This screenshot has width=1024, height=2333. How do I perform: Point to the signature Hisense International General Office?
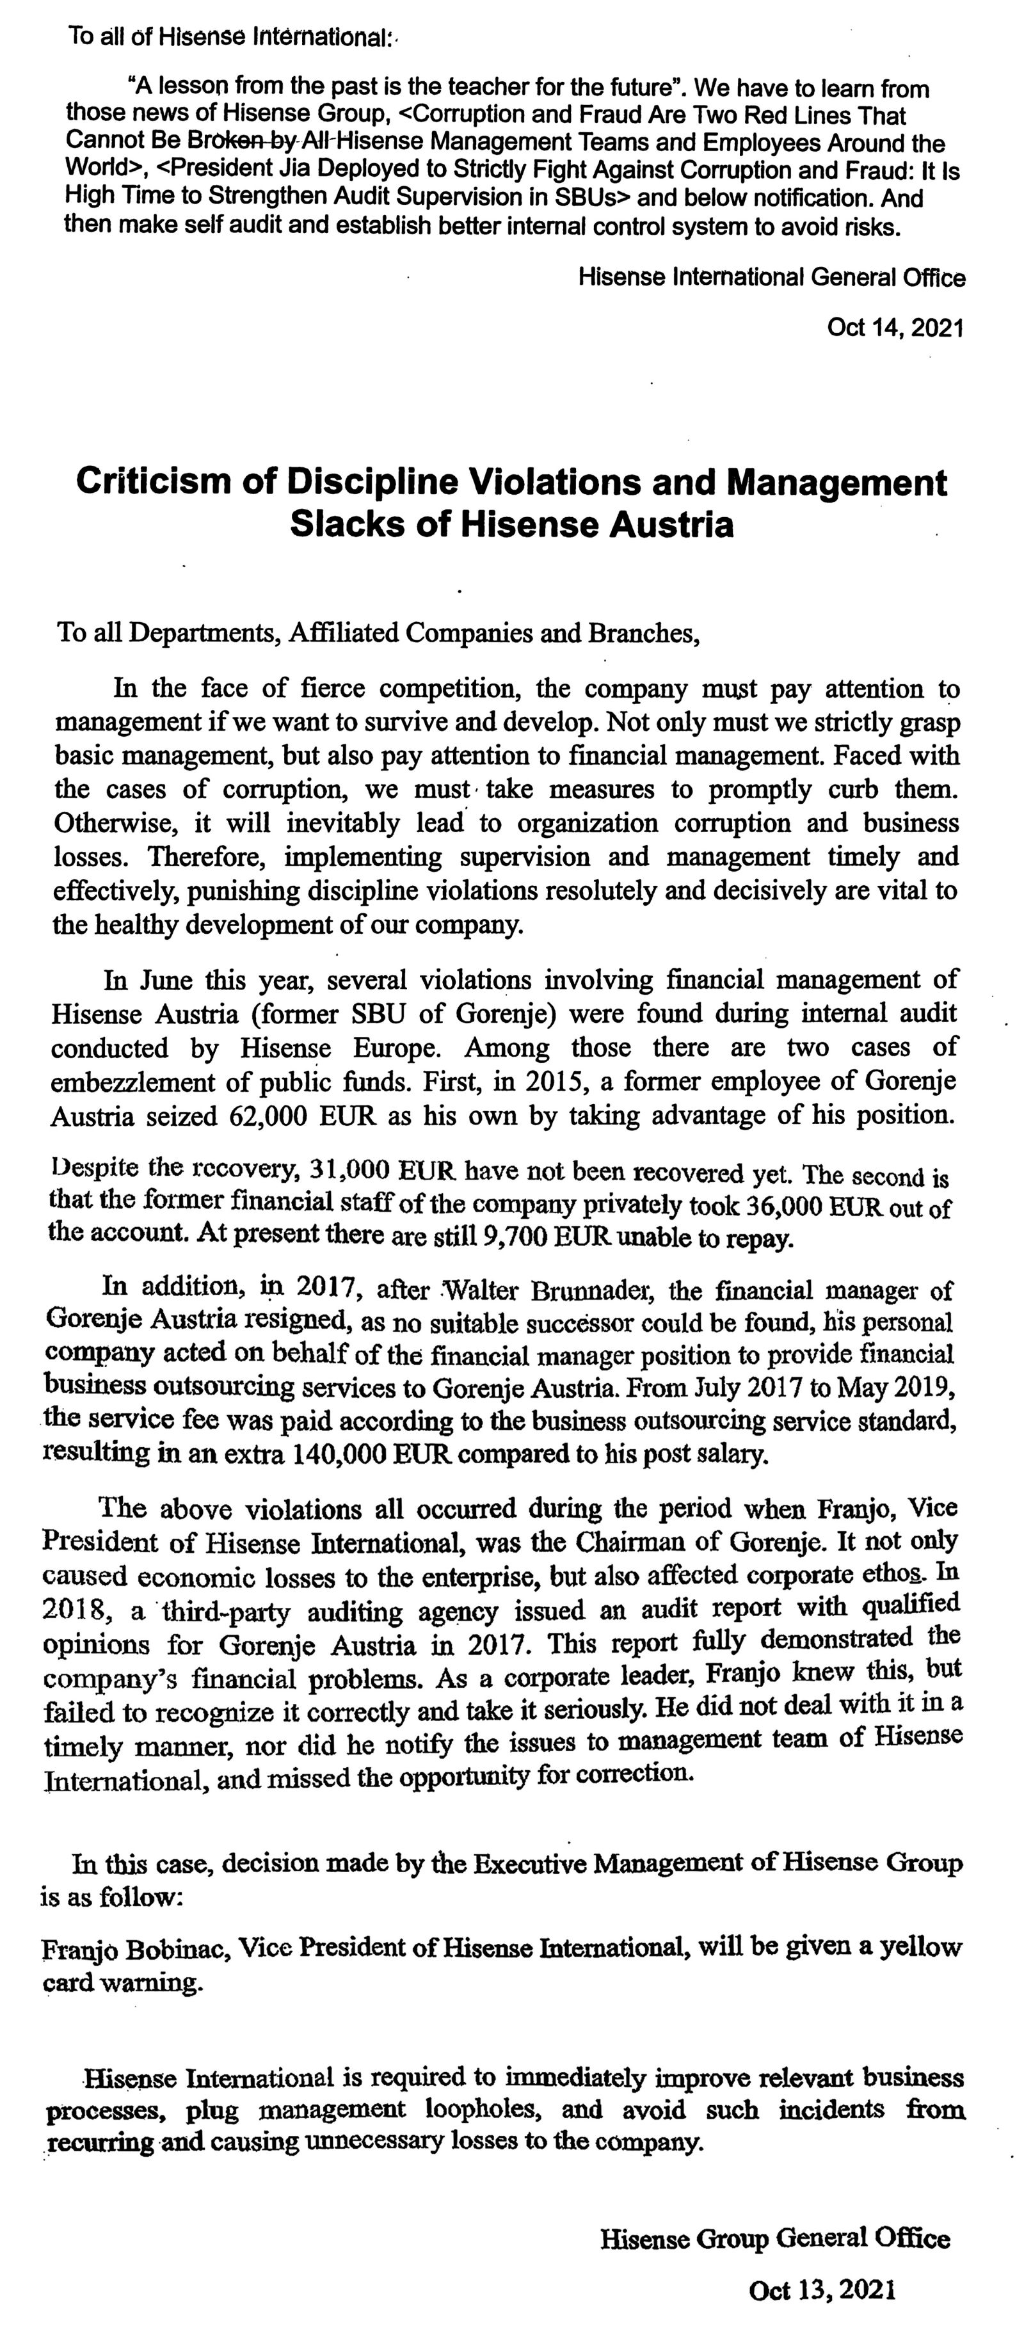[771, 277]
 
